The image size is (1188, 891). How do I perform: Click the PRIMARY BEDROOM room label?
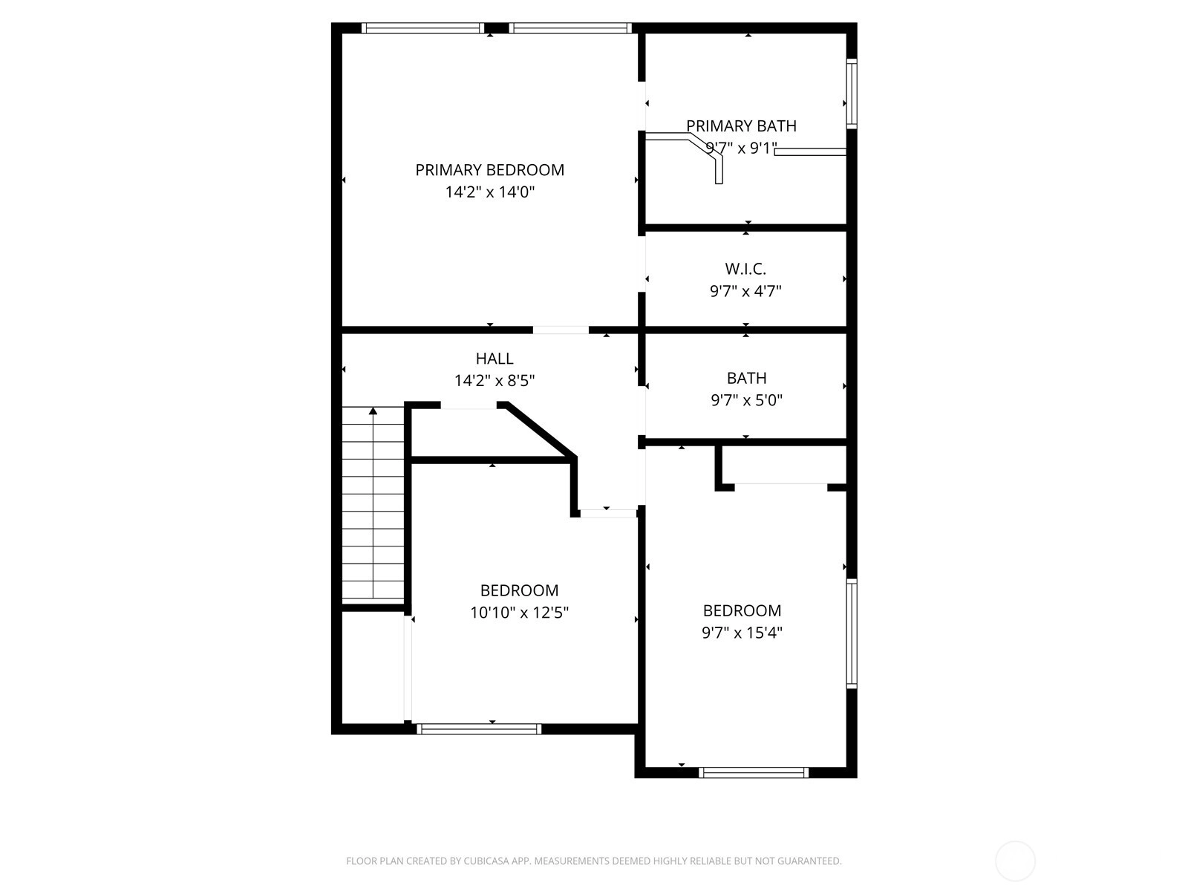pyautogui.click(x=489, y=170)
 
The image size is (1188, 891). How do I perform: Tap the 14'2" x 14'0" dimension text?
pyautogui.click(x=490, y=192)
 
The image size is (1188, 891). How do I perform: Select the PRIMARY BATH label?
pyautogui.click(x=742, y=126)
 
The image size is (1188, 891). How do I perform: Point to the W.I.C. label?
pyautogui.click(x=745, y=269)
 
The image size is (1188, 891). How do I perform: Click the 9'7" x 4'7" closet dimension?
pyautogui.click(x=745, y=292)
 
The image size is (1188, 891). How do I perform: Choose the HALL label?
pyautogui.click(x=495, y=359)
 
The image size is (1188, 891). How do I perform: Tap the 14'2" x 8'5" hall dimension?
pyautogui.click(x=495, y=381)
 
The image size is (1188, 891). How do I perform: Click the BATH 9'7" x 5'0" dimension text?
pyautogui.click(x=746, y=400)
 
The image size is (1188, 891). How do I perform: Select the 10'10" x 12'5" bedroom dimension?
pyautogui.click(x=519, y=613)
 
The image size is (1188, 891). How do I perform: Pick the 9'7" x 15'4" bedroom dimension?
pyautogui.click(x=742, y=633)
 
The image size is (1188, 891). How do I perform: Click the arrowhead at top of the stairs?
pyautogui.click(x=373, y=411)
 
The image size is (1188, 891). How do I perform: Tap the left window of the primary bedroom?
pyautogui.click(x=422, y=28)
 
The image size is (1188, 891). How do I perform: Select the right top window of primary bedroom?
pyautogui.click(x=570, y=28)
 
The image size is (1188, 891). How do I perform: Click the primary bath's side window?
pyautogui.click(x=852, y=94)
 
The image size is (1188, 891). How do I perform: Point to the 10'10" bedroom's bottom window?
pyautogui.click(x=479, y=728)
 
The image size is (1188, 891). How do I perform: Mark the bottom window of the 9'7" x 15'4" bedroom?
pyautogui.click(x=754, y=772)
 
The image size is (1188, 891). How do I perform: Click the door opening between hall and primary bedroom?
pyautogui.click(x=561, y=330)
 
